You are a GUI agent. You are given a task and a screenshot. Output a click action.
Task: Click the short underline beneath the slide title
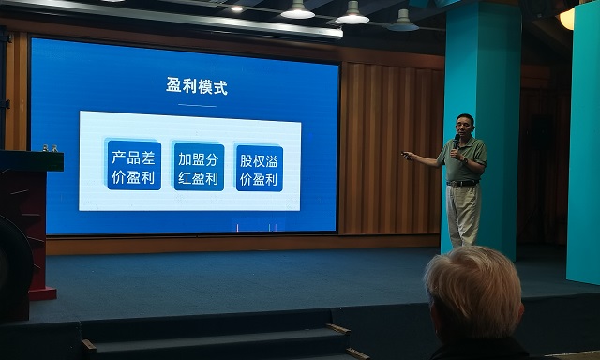(x=196, y=105)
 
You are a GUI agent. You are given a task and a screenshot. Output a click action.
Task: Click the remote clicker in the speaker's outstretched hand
(x=406, y=155)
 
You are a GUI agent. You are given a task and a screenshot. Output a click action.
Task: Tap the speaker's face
(x=464, y=126)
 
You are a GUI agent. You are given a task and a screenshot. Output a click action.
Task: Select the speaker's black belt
(x=462, y=183)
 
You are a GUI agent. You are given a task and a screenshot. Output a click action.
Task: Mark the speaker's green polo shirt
(x=465, y=160)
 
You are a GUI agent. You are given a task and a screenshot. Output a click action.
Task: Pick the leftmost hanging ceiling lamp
(x=298, y=10)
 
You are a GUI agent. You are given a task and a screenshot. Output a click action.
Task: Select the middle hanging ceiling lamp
(x=352, y=14)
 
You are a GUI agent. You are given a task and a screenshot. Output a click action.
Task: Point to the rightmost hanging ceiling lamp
(x=403, y=21)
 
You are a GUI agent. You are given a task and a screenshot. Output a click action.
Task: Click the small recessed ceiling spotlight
(x=236, y=8)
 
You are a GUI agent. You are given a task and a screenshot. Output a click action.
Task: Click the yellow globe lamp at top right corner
(x=568, y=17)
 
